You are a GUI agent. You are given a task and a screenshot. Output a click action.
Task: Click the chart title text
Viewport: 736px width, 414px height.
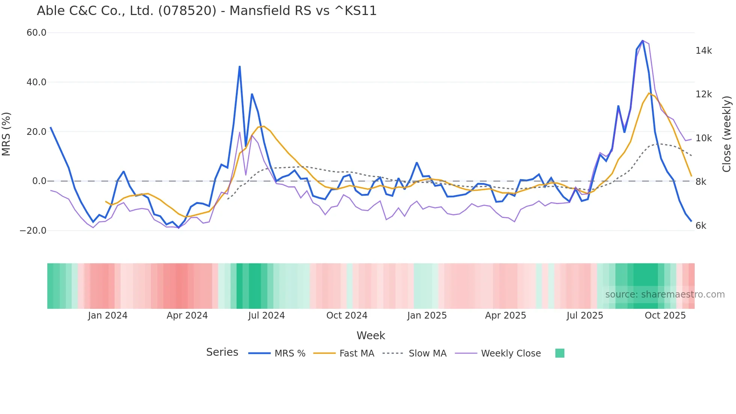(207, 11)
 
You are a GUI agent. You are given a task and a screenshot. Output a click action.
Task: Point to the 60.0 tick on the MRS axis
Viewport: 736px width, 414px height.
(36, 33)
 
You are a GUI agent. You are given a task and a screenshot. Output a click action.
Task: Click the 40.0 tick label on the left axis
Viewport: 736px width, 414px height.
(36, 82)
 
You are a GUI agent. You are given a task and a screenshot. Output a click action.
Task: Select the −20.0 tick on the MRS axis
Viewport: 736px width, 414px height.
(33, 231)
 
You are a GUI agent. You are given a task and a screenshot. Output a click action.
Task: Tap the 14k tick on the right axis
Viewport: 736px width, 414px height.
(703, 51)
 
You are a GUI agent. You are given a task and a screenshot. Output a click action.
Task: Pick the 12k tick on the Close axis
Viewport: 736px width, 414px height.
(703, 94)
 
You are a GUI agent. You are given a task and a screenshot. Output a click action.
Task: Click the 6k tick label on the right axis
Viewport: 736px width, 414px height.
(701, 226)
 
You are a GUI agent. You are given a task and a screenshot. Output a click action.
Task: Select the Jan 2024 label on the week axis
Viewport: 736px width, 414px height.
(108, 316)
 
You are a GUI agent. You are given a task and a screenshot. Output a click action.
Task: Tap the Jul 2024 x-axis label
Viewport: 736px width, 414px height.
(266, 316)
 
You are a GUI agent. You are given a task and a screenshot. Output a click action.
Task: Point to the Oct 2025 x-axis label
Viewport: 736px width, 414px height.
(665, 316)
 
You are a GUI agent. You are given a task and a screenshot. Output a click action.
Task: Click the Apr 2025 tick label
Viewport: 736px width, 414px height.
(505, 316)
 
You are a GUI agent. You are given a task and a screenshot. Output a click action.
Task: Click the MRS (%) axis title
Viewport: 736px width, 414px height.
(6, 134)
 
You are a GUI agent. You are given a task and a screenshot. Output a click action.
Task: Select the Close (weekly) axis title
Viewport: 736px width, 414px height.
(727, 134)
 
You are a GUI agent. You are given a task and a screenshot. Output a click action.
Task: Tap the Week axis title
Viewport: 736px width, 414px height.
(371, 335)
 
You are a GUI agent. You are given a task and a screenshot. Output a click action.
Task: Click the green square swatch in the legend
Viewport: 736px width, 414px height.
(560, 353)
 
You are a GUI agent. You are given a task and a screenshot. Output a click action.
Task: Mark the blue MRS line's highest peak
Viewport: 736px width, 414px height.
(642, 41)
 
